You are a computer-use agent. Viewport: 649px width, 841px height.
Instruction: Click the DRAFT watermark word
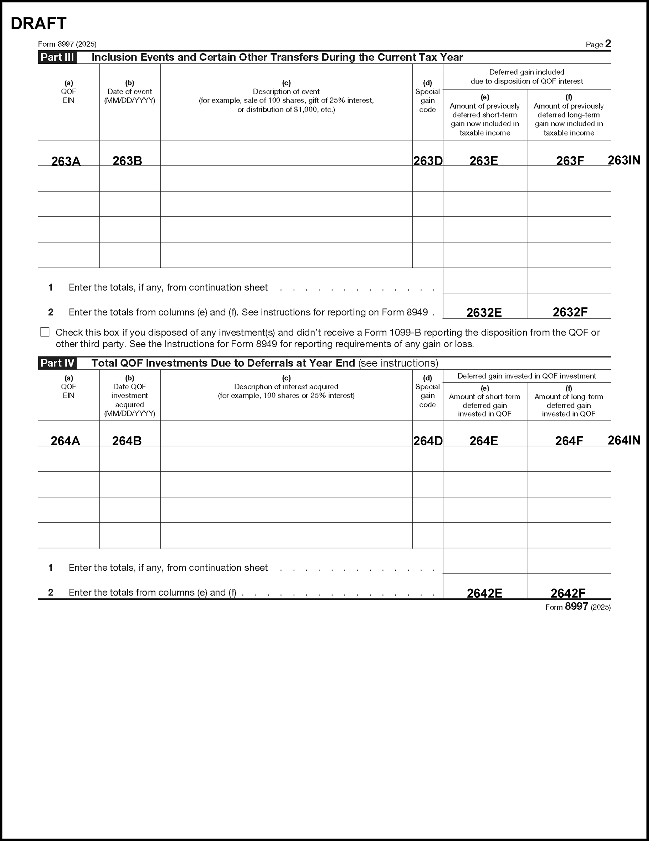pyautogui.click(x=38, y=23)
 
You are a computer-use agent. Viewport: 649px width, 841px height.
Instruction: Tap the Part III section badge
pyautogui.click(x=57, y=57)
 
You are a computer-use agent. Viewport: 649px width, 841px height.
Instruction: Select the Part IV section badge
pyautogui.click(x=57, y=363)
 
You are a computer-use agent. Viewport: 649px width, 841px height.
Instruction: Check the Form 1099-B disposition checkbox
pyautogui.click(x=45, y=332)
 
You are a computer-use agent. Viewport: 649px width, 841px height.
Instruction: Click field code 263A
pyautogui.click(x=66, y=161)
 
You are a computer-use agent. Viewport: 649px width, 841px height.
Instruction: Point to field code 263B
pyautogui.click(x=127, y=161)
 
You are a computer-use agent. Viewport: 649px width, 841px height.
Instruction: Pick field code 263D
pyautogui.click(x=428, y=161)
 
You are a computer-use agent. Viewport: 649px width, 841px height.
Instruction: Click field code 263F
pyautogui.click(x=570, y=161)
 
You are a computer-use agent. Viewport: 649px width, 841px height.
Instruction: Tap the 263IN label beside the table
pyautogui.click(x=624, y=160)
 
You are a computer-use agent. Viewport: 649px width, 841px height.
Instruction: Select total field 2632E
pyautogui.click(x=484, y=312)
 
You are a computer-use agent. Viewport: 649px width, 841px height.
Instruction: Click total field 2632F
pyautogui.click(x=570, y=312)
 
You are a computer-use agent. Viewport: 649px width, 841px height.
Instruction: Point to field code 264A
pyautogui.click(x=65, y=441)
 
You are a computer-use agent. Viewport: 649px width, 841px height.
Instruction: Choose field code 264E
pyautogui.click(x=484, y=441)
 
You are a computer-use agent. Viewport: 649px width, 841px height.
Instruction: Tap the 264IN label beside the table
pyautogui.click(x=624, y=440)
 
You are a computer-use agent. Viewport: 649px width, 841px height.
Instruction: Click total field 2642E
pyautogui.click(x=484, y=593)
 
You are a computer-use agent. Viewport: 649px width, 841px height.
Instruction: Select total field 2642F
pyautogui.click(x=568, y=593)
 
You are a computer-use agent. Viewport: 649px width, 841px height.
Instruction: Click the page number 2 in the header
pyautogui.click(x=608, y=43)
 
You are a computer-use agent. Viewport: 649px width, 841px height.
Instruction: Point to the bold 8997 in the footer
pyautogui.click(x=576, y=607)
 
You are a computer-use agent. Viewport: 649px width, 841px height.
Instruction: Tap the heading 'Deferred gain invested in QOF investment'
pyautogui.click(x=527, y=376)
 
